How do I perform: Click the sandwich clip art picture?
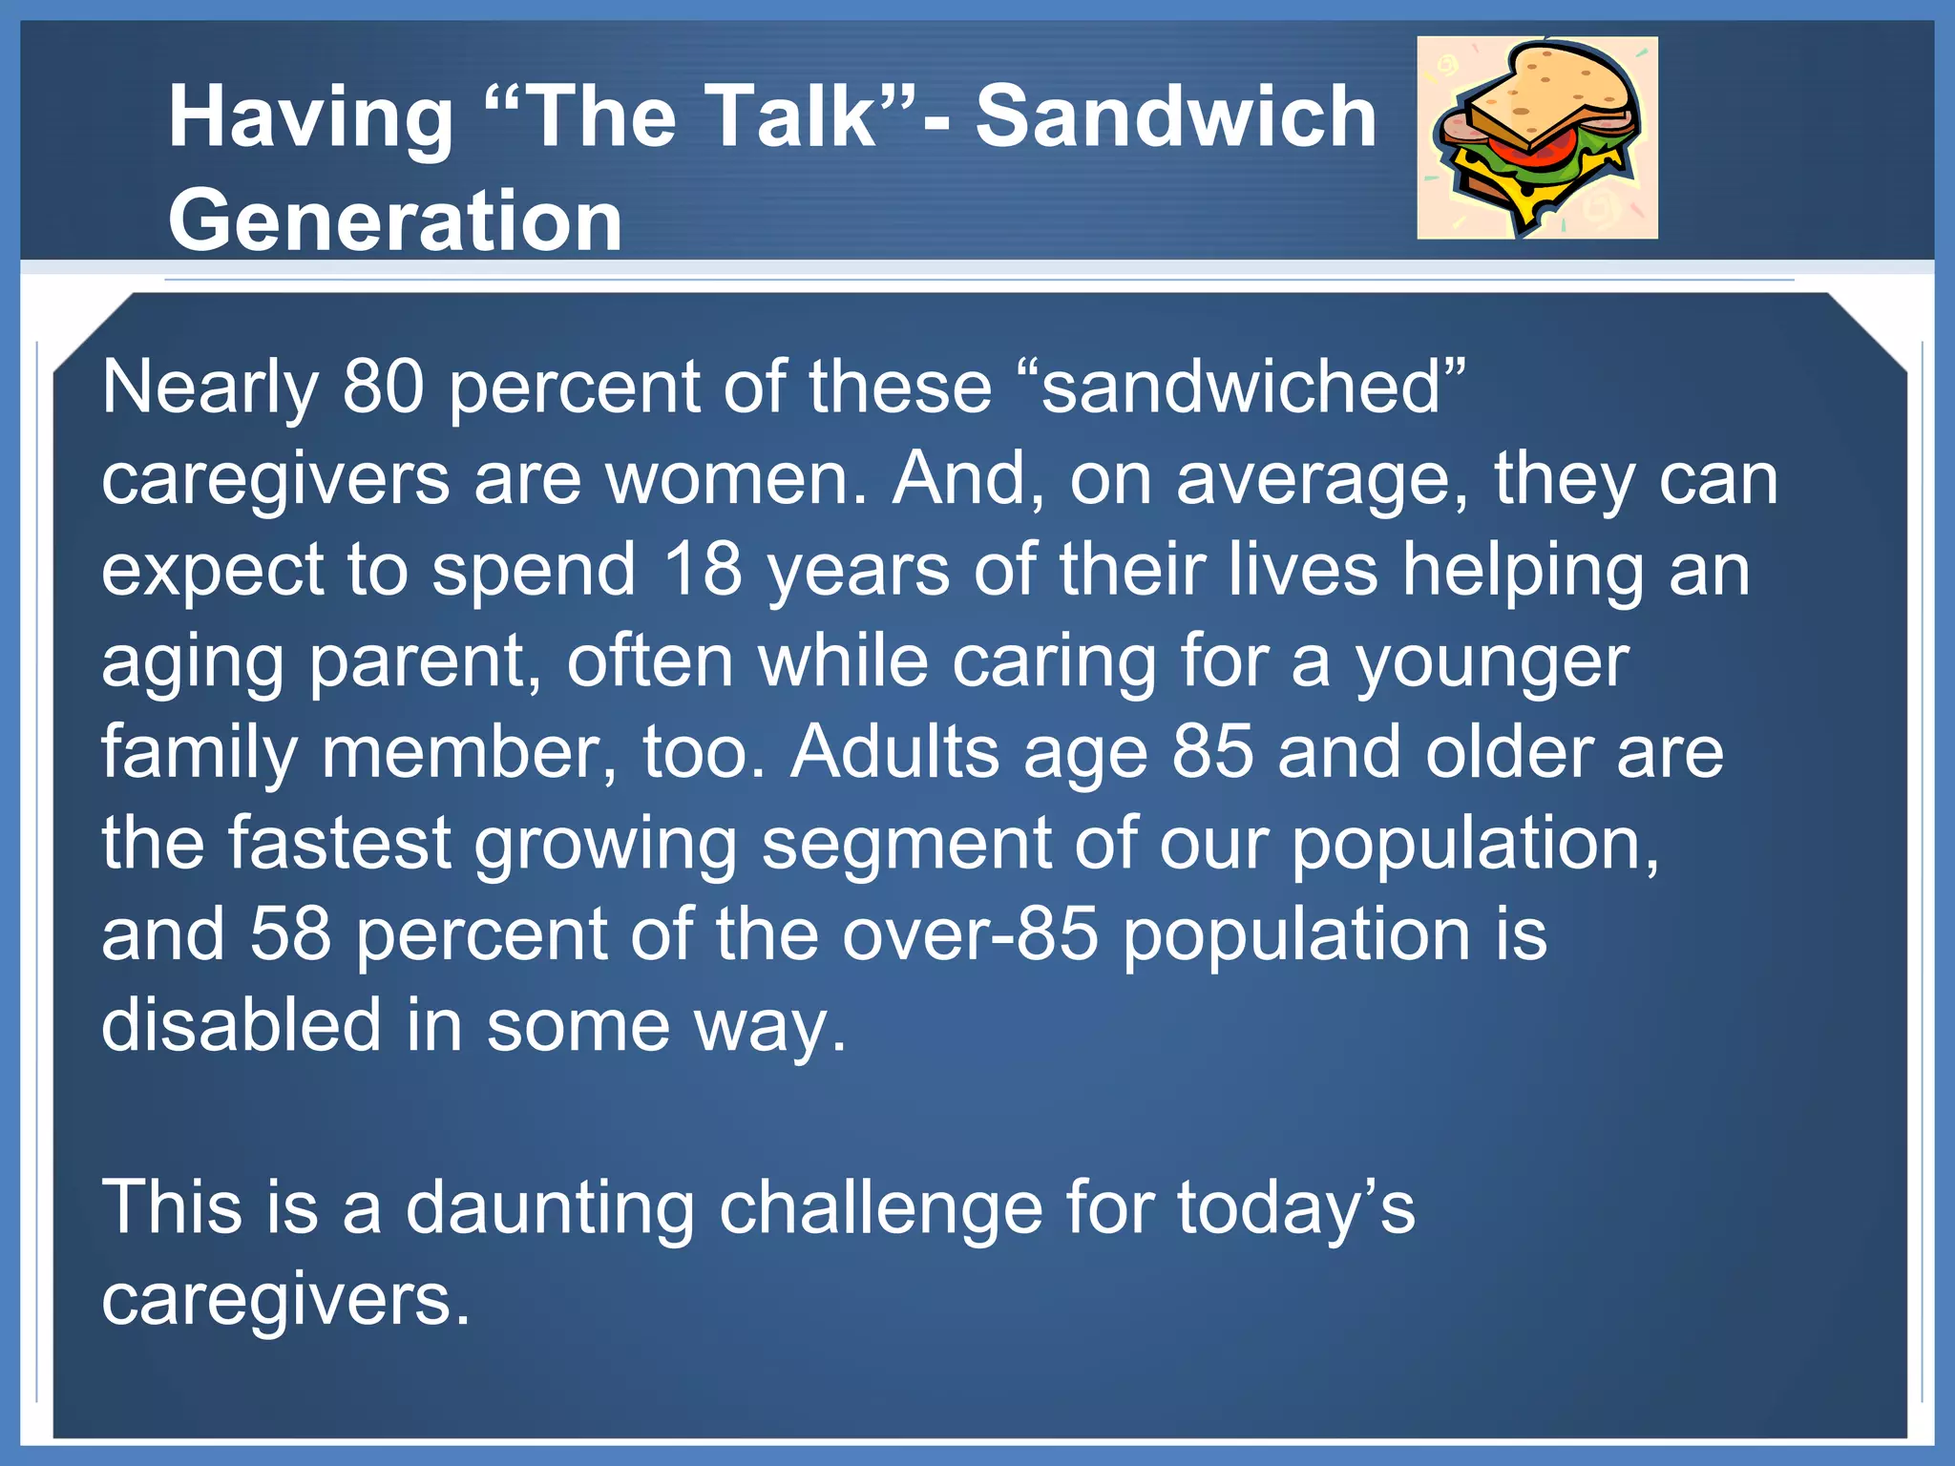tap(1537, 137)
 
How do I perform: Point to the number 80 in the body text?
tap(383, 387)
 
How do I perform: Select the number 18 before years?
tap(703, 570)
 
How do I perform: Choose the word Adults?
tap(894, 752)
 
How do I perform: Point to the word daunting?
tap(550, 1208)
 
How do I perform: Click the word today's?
tap(1295, 1208)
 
